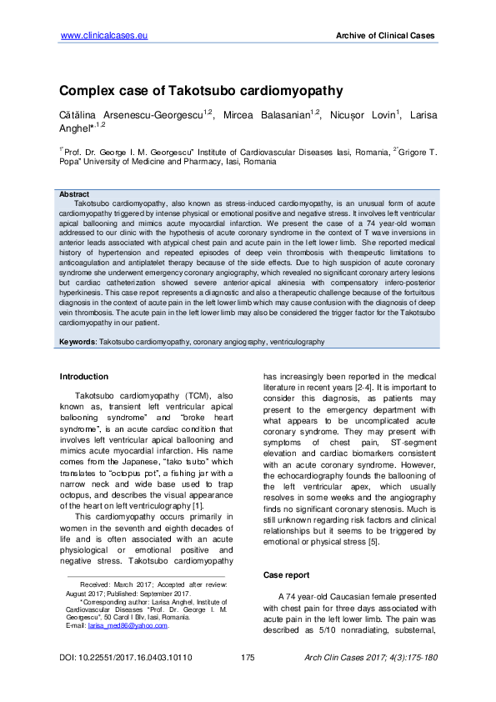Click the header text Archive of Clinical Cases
384,37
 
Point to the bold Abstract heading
74,193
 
